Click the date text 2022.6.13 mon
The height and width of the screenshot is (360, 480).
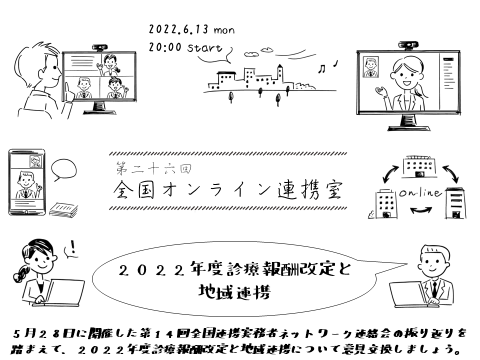click(191, 30)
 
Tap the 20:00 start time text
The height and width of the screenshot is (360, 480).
click(185, 48)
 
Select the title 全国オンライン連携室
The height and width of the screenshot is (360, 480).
click(227, 190)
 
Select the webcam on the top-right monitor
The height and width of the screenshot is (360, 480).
click(409, 45)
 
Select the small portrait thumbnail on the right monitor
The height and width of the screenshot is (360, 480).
click(371, 67)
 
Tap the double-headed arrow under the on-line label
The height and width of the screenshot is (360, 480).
click(419, 211)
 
